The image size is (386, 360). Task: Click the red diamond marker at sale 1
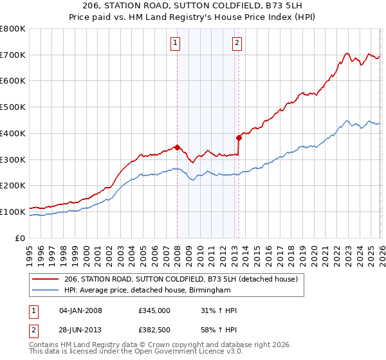click(x=177, y=147)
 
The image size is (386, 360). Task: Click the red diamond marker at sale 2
click(x=239, y=137)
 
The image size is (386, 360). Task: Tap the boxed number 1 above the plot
click(x=175, y=43)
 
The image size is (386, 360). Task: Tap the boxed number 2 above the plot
click(x=237, y=43)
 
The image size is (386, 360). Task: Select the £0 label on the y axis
click(x=19, y=238)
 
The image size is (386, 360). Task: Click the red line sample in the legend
click(x=46, y=280)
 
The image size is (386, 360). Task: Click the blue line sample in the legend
click(x=46, y=291)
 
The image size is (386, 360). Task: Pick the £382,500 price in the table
click(x=154, y=330)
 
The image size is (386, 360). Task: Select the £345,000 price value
click(x=154, y=310)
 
